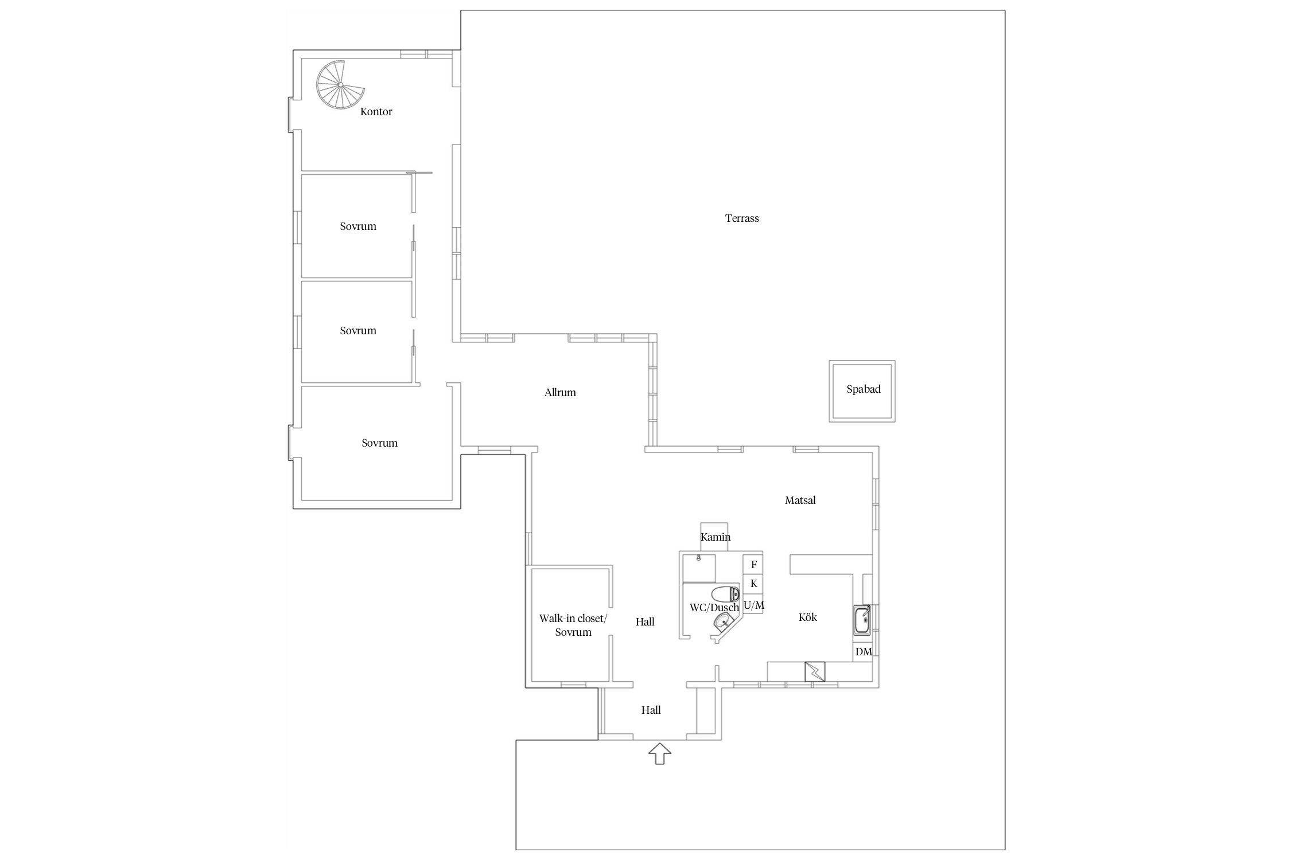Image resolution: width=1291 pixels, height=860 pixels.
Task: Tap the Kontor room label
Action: pos(376,112)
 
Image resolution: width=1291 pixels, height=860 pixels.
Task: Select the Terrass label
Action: pos(742,218)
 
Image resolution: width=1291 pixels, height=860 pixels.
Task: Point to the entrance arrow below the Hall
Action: pos(660,753)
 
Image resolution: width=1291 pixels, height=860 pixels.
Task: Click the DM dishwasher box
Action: pos(863,652)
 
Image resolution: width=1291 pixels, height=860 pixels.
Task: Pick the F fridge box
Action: pos(753,565)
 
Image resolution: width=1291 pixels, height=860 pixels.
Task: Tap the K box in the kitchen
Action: pos(753,584)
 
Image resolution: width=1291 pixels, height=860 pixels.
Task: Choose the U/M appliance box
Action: pos(753,605)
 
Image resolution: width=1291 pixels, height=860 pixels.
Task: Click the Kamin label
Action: pos(716,537)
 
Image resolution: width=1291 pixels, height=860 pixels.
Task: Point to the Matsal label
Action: pos(800,501)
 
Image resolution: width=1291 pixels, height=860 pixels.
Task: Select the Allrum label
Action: pos(560,393)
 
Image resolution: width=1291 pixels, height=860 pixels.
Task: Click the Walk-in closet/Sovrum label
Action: pos(573,626)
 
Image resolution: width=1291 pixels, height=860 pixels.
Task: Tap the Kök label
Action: pos(808,617)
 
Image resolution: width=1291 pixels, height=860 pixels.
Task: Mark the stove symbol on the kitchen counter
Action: pos(815,671)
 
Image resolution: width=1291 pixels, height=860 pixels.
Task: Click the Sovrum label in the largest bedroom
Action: pos(379,443)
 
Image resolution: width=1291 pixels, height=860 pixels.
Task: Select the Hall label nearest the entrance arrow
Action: pos(651,710)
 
